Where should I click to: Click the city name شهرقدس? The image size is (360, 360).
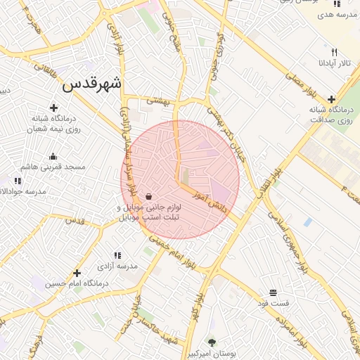[91, 84]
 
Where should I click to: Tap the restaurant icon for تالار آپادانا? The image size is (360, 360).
[335, 52]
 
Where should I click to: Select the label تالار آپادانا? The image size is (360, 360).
[334, 63]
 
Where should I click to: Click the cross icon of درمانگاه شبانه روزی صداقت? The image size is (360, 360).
[331, 99]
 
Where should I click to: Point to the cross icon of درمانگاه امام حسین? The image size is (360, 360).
[77, 273]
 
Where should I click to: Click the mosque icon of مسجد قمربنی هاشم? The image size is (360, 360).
[53, 156]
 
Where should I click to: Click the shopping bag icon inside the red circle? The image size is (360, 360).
[149, 195]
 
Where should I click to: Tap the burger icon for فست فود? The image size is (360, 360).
[273, 292]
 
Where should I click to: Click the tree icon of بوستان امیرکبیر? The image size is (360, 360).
[211, 342]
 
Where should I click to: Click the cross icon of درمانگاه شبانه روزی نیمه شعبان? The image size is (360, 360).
[54, 108]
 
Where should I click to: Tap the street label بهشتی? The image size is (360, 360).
[157, 101]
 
